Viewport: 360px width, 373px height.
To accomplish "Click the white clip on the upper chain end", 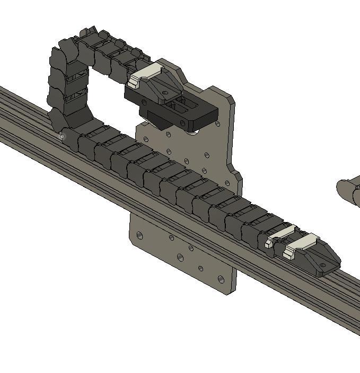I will [x=144, y=75].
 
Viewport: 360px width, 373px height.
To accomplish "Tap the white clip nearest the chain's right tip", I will [x=301, y=245].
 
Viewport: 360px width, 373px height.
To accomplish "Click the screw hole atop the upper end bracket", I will [x=165, y=93].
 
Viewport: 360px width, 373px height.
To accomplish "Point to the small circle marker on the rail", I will [x=62, y=137].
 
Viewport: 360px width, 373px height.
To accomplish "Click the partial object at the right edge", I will [x=349, y=191].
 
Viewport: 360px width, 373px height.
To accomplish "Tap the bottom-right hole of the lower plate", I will [x=221, y=279].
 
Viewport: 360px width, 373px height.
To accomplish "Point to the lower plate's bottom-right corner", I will [x=230, y=292].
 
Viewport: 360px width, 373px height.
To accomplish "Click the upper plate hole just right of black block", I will [x=218, y=123].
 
